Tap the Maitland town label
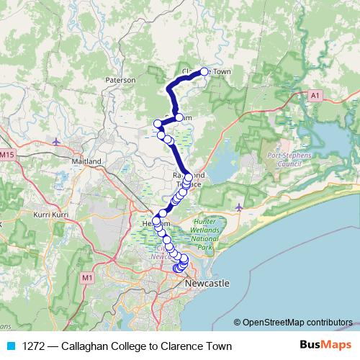86,161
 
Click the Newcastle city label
207,284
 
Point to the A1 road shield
315,94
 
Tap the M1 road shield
88,277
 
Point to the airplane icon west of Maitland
57,140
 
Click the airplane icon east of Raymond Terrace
239,207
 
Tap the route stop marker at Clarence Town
204,71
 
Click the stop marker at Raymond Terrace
189,177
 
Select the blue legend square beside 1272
10,346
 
